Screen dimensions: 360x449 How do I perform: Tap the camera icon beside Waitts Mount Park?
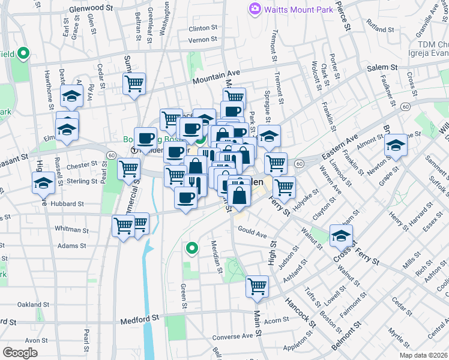255,9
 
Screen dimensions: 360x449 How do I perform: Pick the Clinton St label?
203,28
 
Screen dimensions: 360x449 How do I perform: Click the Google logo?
20,353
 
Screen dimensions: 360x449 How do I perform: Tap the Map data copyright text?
424,355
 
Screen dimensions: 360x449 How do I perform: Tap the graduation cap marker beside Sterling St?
44,182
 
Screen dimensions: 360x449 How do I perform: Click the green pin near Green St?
192,247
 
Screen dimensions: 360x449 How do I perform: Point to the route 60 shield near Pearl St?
112,155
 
